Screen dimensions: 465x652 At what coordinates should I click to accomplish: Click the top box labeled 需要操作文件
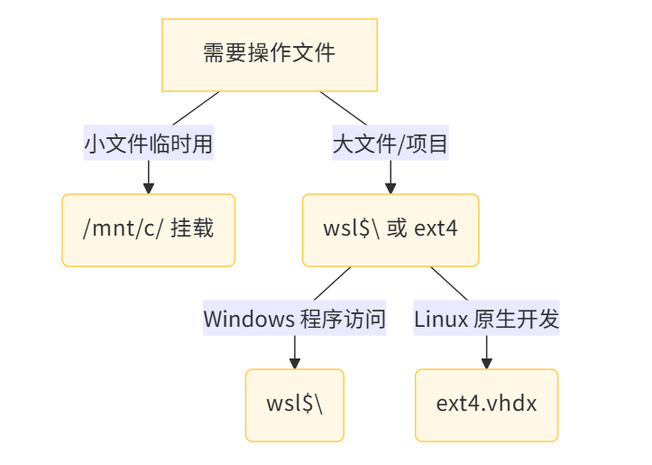269,54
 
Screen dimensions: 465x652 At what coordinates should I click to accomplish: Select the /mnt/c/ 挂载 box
148,229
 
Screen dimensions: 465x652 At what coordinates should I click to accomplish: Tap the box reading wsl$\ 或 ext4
390,229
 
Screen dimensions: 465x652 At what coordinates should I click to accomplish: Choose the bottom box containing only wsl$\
294,405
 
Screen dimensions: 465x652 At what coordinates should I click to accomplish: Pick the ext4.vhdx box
487,405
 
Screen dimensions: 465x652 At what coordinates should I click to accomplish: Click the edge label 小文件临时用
148,143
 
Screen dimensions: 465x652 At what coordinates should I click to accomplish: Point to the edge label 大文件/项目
390,143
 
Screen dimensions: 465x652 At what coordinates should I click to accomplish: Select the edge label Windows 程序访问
294,319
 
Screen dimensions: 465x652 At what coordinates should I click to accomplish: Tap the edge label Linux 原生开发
487,319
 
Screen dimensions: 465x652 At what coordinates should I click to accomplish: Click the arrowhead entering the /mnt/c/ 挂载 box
148,188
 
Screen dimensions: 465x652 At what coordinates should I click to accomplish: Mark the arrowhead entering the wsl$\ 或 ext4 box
390,188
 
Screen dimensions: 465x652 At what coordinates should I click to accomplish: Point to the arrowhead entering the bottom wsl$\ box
294,363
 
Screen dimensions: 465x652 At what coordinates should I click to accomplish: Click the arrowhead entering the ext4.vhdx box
487,363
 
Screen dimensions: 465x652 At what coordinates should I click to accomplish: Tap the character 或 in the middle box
397,229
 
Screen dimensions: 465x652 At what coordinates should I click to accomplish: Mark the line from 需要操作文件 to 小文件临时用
196,108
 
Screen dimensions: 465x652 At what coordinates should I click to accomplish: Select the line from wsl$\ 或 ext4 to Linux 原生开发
449,284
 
